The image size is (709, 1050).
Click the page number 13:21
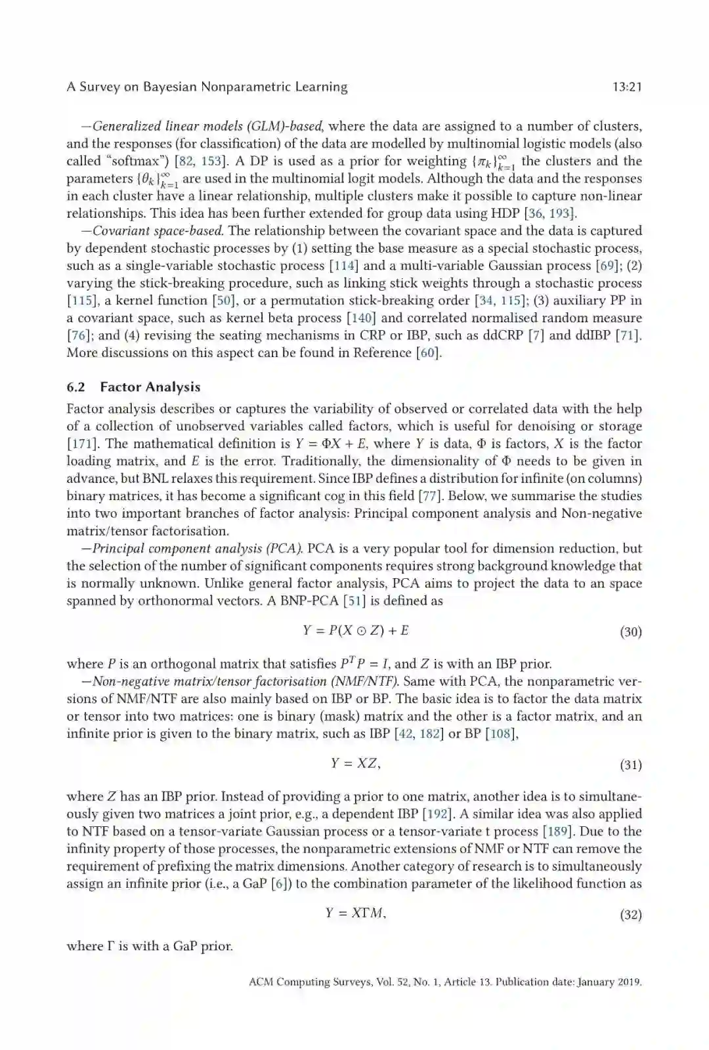626,87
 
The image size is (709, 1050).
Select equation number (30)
630,631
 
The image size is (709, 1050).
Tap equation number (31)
630,765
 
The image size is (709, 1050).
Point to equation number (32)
630,914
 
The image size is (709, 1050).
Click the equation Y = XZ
354,763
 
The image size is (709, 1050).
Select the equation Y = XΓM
354,913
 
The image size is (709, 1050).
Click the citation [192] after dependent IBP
437,814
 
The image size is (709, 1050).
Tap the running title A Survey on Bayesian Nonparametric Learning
207,87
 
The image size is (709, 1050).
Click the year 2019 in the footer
628,982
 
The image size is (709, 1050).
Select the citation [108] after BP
500,734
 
